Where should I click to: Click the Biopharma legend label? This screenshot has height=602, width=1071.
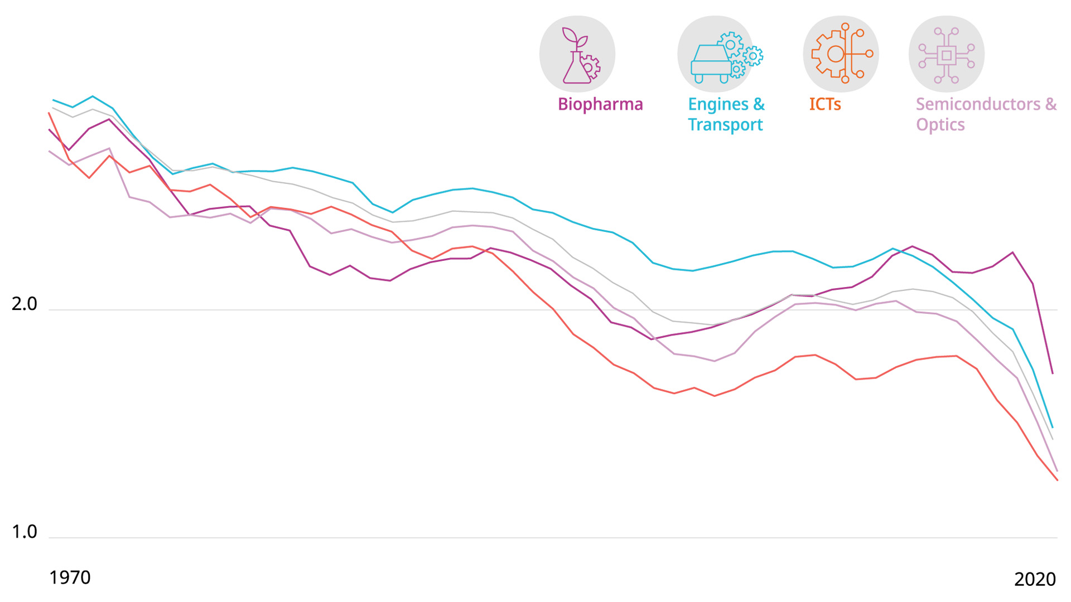click(600, 104)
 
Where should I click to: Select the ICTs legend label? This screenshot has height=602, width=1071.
click(824, 104)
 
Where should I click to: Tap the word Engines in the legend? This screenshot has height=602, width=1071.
click(717, 104)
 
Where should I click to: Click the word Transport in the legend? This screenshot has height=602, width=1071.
click(725, 124)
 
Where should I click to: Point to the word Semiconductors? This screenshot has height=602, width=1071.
click(978, 104)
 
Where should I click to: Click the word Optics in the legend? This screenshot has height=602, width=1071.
click(940, 124)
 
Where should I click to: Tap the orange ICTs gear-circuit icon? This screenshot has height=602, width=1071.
click(841, 54)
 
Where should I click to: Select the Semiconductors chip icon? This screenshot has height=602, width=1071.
click(947, 55)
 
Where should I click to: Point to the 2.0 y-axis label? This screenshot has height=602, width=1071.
click(24, 304)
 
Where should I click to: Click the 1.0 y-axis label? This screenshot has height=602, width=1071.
click(24, 532)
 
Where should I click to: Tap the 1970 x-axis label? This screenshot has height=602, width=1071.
click(70, 577)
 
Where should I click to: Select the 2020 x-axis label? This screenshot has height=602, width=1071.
click(1035, 579)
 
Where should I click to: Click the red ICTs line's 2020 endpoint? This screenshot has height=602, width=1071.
click(1057, 480)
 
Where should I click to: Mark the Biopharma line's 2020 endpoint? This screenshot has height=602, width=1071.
click(1053, 373)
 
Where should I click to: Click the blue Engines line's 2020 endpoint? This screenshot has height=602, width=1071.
click(1053, 428)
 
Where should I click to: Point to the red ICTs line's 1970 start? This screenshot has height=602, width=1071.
click(50, 113)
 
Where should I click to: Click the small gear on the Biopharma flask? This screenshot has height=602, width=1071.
click(590, 66)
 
